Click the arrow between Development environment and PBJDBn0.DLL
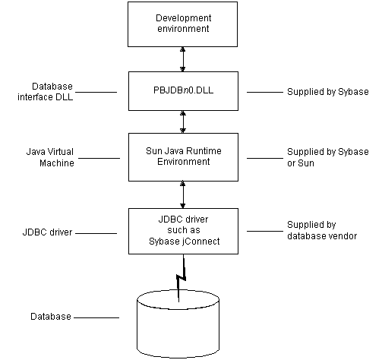click(x=182, y=58)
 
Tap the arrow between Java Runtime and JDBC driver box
click(x=182, y=194)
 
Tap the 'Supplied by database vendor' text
click(x=322, y=231)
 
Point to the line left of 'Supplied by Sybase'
click(x=264, y=92)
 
